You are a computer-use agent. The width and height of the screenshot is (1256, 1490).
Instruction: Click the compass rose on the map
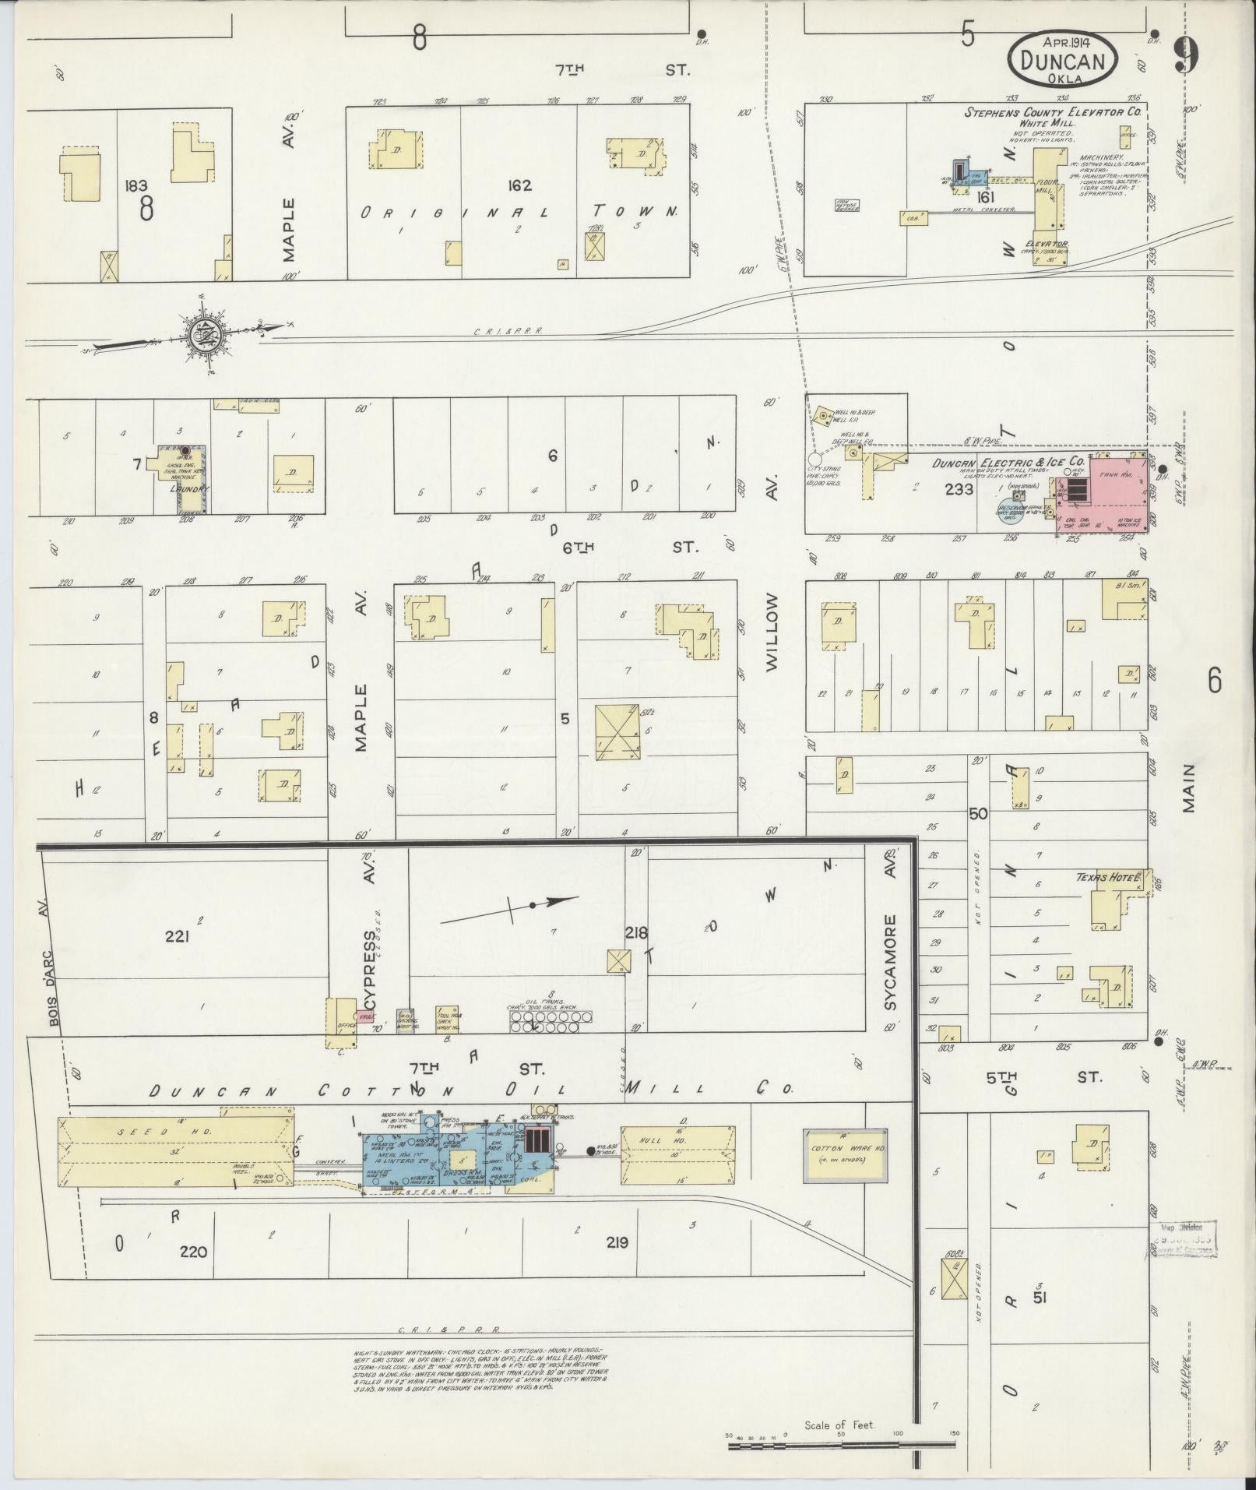point(205,333)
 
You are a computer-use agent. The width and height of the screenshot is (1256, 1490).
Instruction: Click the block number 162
point(519,185)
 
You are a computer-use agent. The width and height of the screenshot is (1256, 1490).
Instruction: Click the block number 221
point(177,937)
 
